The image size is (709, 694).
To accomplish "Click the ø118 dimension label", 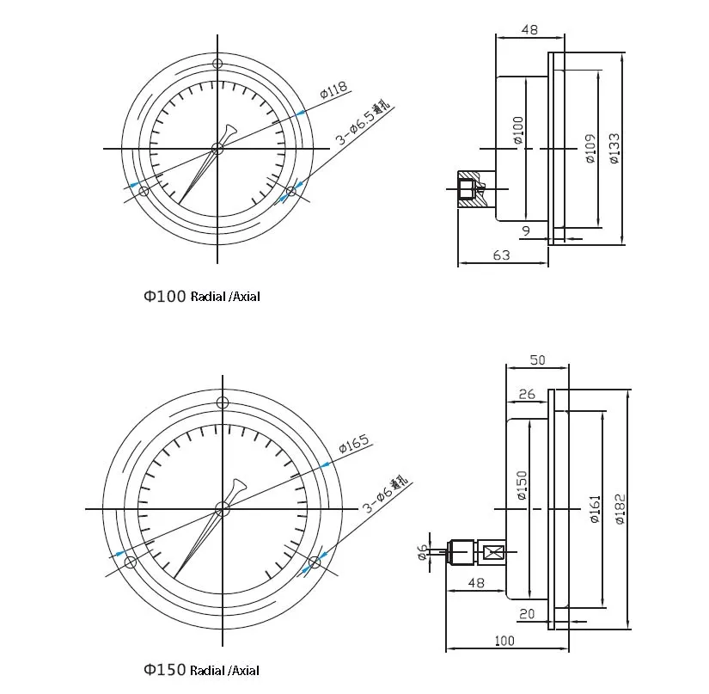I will (333, 89).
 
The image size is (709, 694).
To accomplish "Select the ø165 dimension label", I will (353, 444).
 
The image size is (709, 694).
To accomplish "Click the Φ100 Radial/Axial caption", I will (201, 297).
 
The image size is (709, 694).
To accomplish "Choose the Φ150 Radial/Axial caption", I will (201, 670).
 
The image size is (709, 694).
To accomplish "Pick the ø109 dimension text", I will (590, 147).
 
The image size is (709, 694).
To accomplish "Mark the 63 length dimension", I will (502, 255).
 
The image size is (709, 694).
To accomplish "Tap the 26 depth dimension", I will (527, 395).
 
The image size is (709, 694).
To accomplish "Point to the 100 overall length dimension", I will (504, 641).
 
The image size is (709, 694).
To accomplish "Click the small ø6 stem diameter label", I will (422, 552).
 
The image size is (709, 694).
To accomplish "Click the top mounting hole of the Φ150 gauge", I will (223, 402).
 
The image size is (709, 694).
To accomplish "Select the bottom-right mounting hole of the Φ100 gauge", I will (291, 191).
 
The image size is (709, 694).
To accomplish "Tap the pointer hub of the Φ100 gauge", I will (217, 149).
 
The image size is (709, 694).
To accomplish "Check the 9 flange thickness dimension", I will (525, 231).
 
